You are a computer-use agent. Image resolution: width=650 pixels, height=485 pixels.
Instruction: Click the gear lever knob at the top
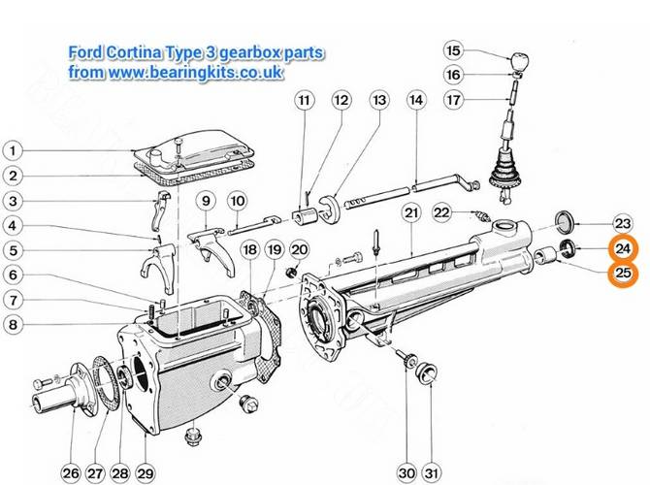tap(519, 61)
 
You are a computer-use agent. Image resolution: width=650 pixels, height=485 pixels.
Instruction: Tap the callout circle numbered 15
tap(453, 50)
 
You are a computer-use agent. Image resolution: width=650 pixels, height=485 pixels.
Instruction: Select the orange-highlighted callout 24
tap(623, 248)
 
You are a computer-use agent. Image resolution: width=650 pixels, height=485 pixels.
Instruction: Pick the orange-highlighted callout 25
tap(623, 274)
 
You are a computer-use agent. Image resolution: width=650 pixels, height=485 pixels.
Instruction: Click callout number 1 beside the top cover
tap(13, 150)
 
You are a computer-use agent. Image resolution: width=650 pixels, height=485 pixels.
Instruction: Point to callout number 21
tap(411, 213)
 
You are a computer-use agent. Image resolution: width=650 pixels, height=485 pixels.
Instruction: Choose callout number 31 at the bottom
tap(432, 473)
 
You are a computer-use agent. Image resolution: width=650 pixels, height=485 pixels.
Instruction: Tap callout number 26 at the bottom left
tap(71, 473)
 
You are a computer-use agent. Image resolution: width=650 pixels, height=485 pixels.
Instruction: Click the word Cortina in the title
tap(133, 52)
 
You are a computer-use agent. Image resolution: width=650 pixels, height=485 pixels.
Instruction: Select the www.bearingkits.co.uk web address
tap(196, 72)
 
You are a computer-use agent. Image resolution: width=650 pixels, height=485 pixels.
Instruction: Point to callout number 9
tap(206, 201)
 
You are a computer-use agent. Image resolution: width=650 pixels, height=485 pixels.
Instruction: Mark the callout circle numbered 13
tap(379, 100)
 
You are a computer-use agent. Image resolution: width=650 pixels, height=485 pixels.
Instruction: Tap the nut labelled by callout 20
tap(292, 273)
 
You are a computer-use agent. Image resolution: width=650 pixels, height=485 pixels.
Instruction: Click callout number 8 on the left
tap(13, 324)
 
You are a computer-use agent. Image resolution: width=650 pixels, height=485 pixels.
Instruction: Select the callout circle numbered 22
tap(441, 213)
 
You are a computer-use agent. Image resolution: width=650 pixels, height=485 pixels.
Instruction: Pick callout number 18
tap(250, 250)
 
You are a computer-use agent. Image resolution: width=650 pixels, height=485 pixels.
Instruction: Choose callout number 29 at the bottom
tap(146, 473)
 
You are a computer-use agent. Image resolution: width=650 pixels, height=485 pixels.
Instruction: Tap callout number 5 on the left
tap(13, 250)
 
